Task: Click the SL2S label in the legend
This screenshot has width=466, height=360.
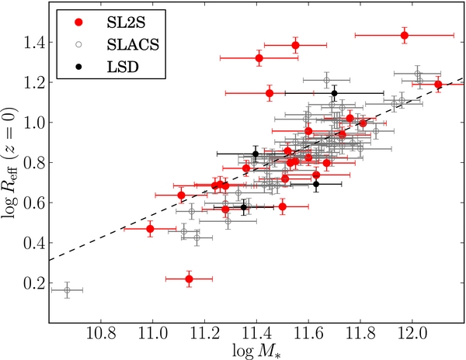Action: (x=126, y=22)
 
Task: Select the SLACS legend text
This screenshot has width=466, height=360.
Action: (x=133, y=45)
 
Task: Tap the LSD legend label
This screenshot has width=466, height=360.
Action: (x=123, y=67)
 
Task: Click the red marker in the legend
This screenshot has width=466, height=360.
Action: (x=78, y=22)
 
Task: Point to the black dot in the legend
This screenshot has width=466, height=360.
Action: (x=78, y=67)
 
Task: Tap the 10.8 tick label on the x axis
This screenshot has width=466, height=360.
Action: (x=101, y=334)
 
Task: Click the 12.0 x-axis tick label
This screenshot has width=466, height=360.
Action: (x=412, y=334)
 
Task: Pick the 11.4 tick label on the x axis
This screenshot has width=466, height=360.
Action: (x=256, y=334)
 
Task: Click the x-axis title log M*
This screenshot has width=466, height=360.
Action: (x=256, y=351)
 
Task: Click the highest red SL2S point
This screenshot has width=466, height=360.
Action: (x=404, y=36)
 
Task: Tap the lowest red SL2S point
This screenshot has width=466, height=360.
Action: (x=189, y=279)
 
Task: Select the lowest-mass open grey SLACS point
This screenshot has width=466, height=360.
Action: (x=67, y=290)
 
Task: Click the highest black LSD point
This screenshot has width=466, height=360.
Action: (x=334, y=93)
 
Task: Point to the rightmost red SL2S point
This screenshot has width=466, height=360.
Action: (x=438, y=85)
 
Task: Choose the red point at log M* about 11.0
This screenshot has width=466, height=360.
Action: (x=150, y=229)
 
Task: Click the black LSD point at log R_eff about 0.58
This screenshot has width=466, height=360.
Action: (x=244, y=207)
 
